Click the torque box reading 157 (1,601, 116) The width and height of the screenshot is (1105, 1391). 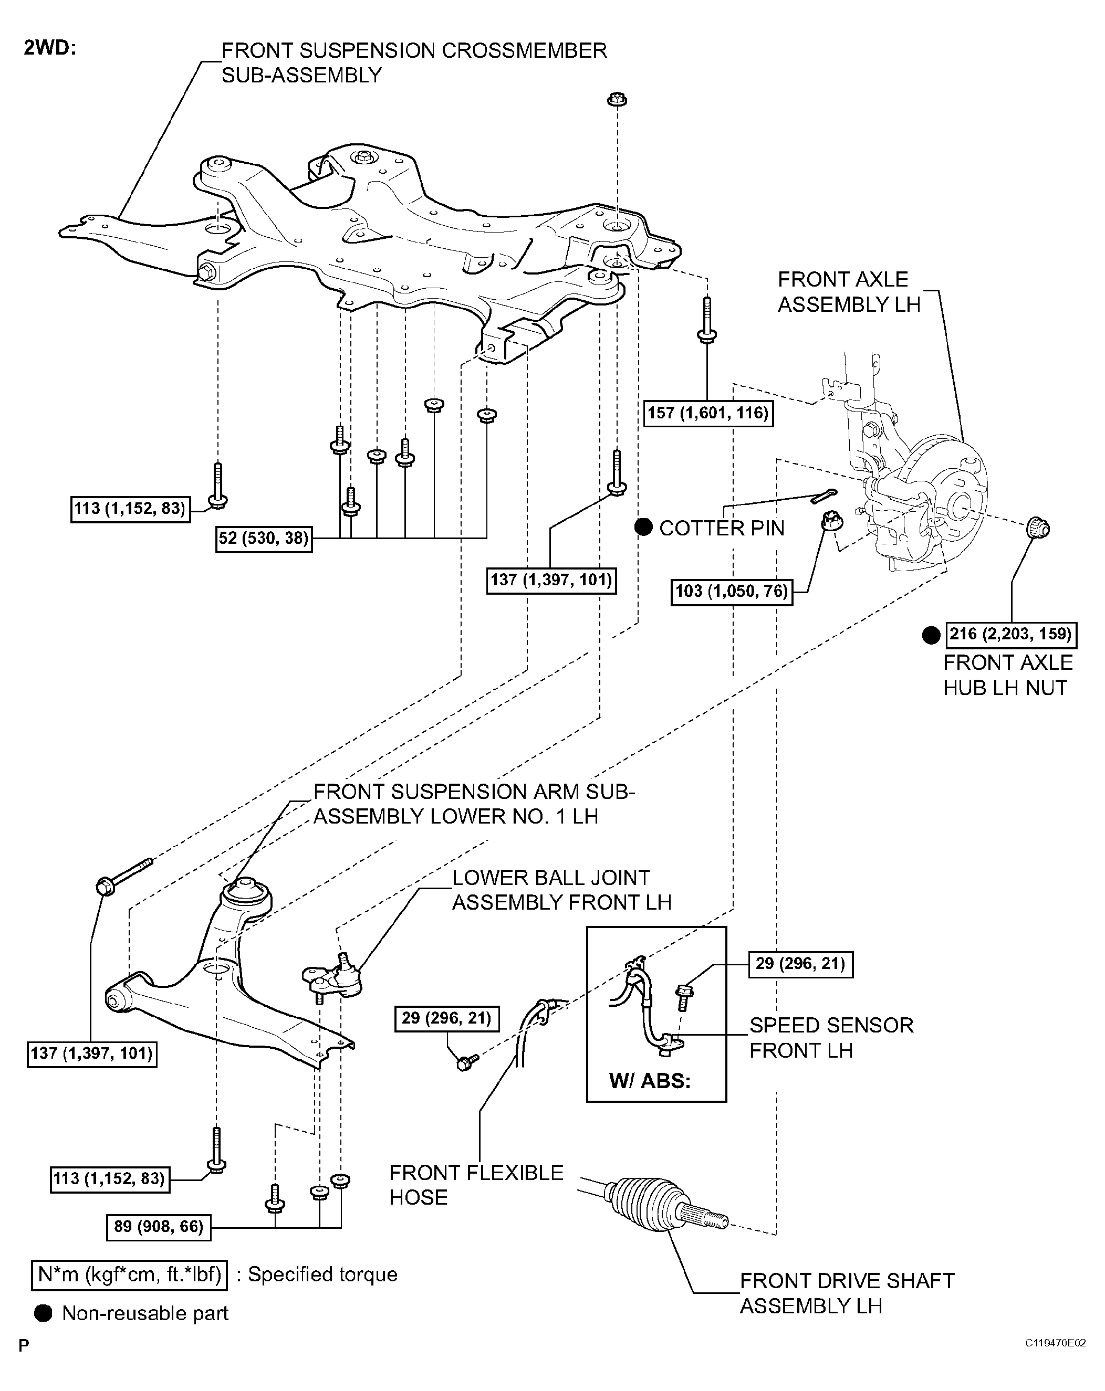(708, 413)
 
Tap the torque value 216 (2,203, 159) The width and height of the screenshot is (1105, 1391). (1010, 634)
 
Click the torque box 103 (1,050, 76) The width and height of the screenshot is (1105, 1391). (731, 591)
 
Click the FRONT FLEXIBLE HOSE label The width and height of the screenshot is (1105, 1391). (476, 1185)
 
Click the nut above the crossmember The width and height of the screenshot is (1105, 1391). (617, 99)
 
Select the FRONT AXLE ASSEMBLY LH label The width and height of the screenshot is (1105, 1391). (848, 292)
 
